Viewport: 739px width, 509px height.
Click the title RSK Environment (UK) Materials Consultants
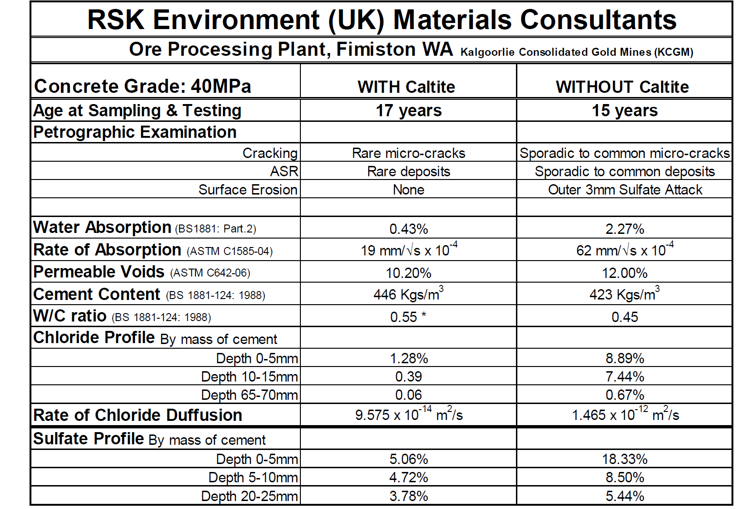point(381,20)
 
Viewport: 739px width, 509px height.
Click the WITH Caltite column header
point(406,87)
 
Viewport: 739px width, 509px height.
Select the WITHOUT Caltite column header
point(622,87)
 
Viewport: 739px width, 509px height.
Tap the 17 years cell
point(409,111)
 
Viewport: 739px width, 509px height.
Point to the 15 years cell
point(625,111)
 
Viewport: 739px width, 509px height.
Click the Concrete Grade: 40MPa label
point(143,86)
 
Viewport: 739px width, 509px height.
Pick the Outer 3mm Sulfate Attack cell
point(625,190)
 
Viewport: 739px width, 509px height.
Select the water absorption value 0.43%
point(409,229)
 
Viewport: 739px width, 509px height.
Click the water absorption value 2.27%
point(625,229)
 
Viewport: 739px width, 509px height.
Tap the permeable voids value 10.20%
point(409,273)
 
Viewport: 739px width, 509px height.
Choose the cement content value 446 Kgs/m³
point(409,294)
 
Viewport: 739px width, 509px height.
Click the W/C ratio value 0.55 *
point(409,317)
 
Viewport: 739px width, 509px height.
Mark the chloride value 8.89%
point(625,359)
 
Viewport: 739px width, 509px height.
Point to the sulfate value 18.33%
point(625,459)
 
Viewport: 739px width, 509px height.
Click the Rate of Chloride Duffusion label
point(138,415)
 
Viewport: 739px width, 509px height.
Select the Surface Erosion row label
point(248,190)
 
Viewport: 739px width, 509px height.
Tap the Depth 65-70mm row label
point(249,395)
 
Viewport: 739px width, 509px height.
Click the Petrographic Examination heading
point(135,132)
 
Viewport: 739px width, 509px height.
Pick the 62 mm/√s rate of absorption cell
point(625,250)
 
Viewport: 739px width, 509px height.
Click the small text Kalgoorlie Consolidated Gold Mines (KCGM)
point(577,52)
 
